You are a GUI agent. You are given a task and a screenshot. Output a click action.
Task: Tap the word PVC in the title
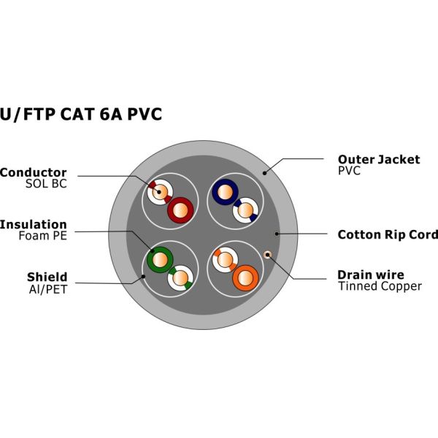click(142, 114)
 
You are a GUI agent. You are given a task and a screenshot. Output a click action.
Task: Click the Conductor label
click(34, 172)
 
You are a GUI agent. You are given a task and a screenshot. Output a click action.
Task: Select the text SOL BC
click(46, 184)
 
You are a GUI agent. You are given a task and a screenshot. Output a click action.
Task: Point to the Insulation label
click(34, 224)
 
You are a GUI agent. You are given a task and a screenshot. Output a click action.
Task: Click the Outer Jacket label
click(378, 159)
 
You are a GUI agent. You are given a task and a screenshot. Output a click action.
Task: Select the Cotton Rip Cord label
click(388, 234)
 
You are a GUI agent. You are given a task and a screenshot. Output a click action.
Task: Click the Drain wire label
click(370, 274)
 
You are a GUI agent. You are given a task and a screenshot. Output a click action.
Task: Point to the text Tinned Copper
click(379, 286)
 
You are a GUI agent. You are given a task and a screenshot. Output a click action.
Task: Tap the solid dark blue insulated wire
click(224, 193)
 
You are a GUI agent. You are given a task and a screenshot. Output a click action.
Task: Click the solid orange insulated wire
click(245, 277)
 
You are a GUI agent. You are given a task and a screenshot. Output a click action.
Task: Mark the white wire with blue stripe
click(246, 211)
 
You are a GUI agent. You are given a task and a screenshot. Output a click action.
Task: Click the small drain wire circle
click(267, 254)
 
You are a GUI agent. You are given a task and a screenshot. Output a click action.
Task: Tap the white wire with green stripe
click(180, 277)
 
